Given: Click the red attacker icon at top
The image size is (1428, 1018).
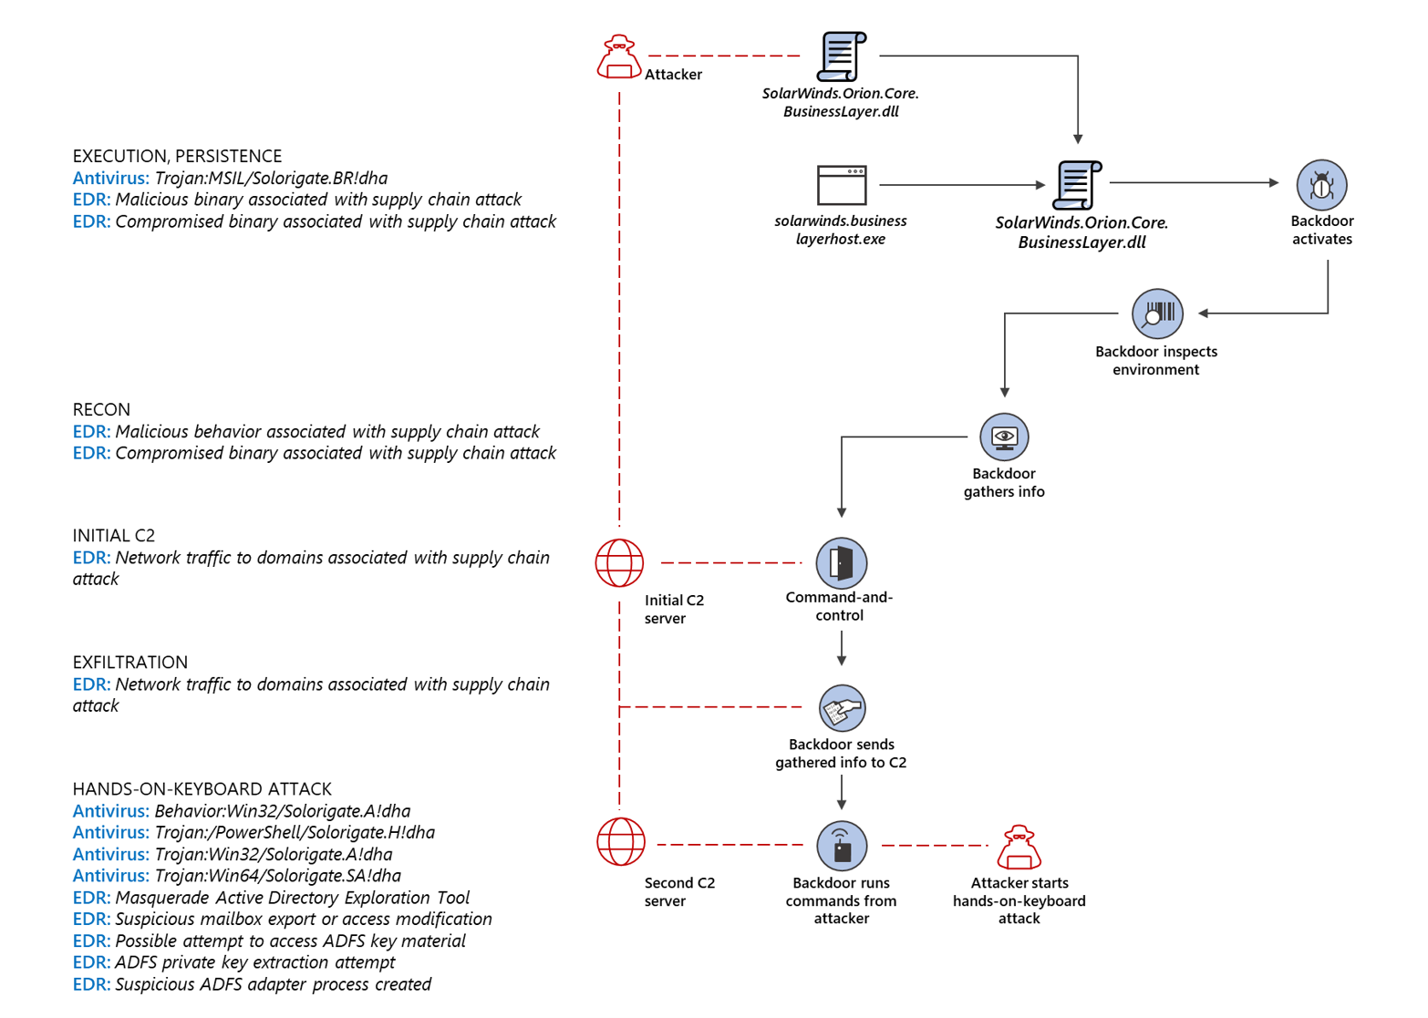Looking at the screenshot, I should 619,57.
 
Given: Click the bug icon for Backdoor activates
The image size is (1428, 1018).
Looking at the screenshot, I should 1321,185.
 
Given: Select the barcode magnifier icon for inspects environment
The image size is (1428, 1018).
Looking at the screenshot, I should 1157,314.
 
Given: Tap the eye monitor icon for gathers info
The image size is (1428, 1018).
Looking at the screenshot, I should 1004,437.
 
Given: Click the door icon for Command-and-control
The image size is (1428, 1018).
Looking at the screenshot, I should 841,562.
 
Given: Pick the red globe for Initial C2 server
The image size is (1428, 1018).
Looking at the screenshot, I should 619,562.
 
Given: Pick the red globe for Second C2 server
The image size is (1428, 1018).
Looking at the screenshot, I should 621,841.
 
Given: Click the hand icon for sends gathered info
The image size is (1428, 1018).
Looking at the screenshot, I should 842,708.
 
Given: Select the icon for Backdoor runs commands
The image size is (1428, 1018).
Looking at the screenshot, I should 842,846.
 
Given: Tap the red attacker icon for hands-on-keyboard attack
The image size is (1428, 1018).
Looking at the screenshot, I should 1019,848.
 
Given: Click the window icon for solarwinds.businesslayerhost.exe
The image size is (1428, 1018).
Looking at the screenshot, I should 842,185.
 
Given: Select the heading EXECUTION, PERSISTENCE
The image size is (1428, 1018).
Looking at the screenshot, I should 177,156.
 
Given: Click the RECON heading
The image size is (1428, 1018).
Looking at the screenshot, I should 101,409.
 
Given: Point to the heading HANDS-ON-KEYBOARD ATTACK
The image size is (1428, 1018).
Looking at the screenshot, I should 202,788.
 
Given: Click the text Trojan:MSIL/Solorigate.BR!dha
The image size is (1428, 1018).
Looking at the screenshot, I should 271,178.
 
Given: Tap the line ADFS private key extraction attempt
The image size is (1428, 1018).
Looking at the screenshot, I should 254,961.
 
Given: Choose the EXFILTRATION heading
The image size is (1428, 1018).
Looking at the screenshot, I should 129,662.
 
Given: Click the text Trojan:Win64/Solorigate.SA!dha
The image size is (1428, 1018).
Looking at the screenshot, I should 277,875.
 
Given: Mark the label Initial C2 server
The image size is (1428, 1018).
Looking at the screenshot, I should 673,609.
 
